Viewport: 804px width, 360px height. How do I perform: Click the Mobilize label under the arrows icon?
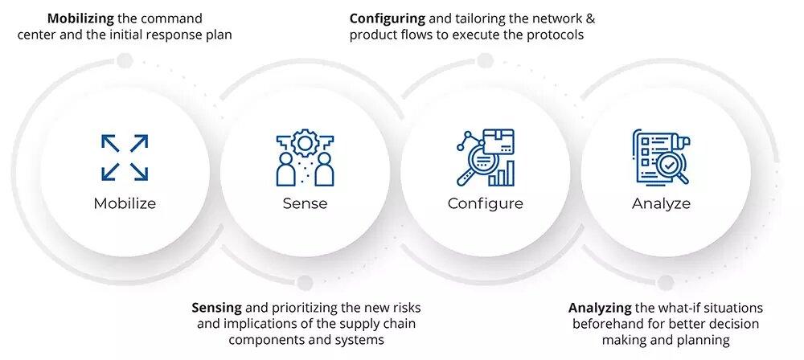coord(125,203)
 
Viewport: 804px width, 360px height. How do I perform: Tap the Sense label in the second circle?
coord(305,203)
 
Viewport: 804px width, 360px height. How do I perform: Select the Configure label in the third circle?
coord(485,203)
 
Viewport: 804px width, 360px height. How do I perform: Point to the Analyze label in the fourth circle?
coord(661,203)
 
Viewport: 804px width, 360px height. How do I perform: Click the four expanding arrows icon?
coord(125,157)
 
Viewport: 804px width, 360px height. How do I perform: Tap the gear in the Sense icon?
coord(305,142)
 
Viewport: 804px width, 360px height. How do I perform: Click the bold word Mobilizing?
coord(80,19)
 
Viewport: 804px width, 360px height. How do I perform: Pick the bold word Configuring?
coord(388,19)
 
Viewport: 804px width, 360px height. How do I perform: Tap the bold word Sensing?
coord(216,309)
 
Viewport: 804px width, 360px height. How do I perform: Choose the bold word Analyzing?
coord(600,309)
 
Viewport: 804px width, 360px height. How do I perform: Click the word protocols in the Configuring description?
coord(557,35)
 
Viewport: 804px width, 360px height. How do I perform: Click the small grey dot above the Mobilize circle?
coord(125,61)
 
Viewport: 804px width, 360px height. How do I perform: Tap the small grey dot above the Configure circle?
coord(485,61)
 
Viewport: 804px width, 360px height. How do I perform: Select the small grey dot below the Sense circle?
coord(305,283)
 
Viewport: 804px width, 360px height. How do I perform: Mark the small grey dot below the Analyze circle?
coord(666,283)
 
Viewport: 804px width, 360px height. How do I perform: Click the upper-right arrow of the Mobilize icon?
coord(139,143)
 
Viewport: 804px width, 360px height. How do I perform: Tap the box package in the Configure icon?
coord(499,142)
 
